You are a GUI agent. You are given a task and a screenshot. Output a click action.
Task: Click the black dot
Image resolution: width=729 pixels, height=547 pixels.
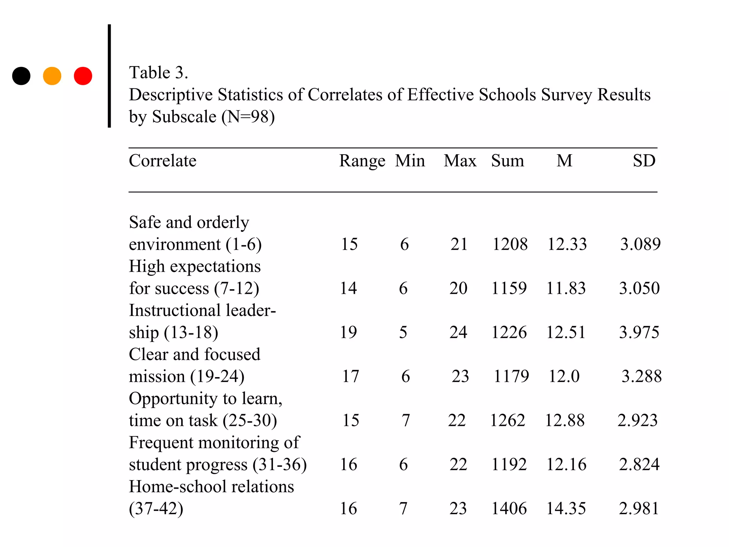coord(21,76)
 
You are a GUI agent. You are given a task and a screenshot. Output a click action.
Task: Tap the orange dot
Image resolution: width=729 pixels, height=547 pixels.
coord(52,76)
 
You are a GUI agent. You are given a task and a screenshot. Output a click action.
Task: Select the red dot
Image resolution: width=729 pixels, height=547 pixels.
coord(83,76)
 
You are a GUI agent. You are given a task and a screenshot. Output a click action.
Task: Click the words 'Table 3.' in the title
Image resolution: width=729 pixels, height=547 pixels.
coord(158,73)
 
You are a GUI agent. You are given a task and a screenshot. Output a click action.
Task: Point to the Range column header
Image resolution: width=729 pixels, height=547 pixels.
coord(362,161)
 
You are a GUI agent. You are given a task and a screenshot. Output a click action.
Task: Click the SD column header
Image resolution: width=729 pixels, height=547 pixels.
coord(644,161)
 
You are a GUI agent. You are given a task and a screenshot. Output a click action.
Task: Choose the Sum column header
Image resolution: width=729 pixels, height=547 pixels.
coord(508,161)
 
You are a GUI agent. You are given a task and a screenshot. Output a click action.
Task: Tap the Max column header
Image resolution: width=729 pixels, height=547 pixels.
coord(460,161)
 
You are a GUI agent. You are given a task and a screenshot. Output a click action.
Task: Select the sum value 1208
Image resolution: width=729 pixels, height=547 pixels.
coord(510,244)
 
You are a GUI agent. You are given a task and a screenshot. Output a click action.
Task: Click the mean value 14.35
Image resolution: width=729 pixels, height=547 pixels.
coord(566,509)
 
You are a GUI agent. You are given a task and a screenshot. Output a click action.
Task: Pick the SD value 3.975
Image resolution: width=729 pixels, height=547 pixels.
coord(639,332)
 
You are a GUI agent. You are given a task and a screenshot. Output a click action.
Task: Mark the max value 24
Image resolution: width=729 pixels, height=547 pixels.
coord(458,332)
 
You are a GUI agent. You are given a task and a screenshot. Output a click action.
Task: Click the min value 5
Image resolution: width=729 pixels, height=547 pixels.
coord(403,332)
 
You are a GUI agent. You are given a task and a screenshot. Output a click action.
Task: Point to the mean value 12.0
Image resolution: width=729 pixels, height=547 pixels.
coord(564,376)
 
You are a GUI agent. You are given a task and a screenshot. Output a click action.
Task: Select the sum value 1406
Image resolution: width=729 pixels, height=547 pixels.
coord(509,509)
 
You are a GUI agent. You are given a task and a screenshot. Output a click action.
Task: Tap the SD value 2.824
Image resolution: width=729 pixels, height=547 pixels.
coord(639,464)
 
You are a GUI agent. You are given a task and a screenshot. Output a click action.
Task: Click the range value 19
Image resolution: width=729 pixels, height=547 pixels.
coord(348,332)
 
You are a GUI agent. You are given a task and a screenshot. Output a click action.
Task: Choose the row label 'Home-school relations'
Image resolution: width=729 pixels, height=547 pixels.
coord(211,487)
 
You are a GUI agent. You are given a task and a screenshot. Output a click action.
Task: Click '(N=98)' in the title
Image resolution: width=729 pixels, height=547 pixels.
coord(248,117)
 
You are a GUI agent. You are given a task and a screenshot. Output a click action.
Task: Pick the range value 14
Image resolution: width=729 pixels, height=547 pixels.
coord(348,288)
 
